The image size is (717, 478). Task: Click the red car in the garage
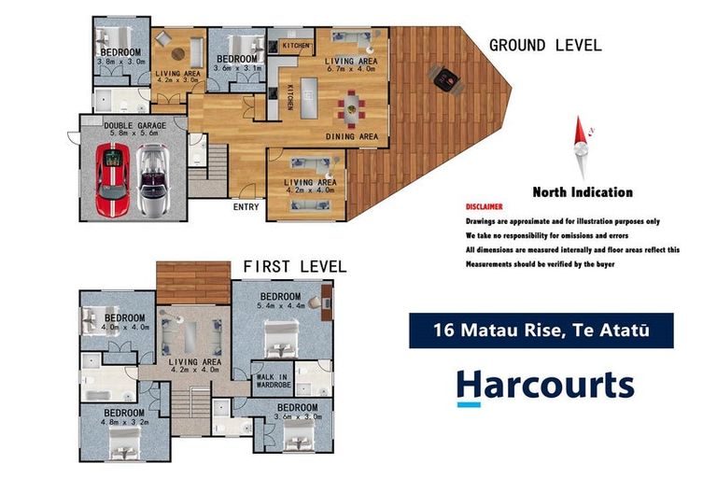click(112, 179)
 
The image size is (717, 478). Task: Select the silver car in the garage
click(153, 179)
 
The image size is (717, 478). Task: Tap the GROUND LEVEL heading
click(545, 45)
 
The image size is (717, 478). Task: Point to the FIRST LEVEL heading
click(294, 267)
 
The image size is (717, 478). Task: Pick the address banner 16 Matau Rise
click(541, 330)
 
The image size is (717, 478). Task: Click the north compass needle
click(583, 148)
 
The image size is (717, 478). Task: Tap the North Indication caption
click(582, 192)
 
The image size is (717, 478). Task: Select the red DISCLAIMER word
click(484, 206)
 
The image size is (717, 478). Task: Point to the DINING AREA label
click(352, 136)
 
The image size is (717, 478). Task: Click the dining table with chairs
click(351, 106)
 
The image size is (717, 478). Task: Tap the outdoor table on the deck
click(446, 78)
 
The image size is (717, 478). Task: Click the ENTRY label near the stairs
click(246, 207)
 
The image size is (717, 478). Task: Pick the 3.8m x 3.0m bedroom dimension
click(120, 62)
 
